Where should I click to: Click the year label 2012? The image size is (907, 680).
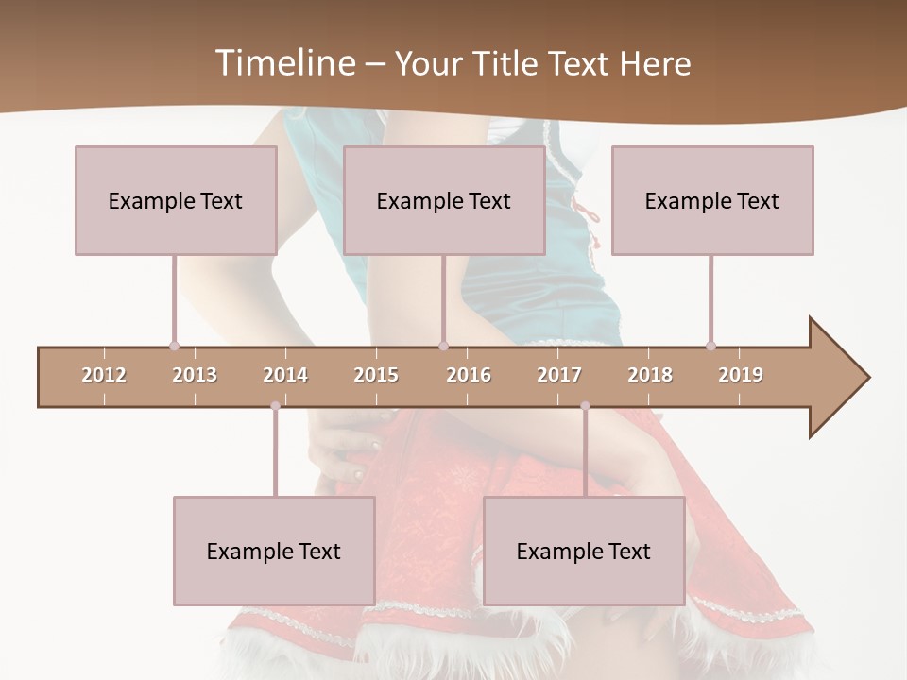tap(104, 375)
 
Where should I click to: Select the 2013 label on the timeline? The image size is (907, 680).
tap(195, 375)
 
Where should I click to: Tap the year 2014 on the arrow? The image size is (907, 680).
tap(285, 375)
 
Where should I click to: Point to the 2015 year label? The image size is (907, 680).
tap(376, 375)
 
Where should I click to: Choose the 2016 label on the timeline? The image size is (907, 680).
tap(469, 375)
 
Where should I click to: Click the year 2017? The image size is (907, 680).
tap(559, 375)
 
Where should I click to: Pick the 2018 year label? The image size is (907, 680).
tap(650, 375)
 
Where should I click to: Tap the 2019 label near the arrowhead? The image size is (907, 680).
tap(741, 375)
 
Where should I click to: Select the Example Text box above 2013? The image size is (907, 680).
tap(176, 200)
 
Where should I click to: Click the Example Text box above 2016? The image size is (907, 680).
tap(444, 200)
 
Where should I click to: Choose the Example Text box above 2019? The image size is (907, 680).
tap(712, 200)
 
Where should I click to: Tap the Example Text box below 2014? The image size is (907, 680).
tap(274, 551)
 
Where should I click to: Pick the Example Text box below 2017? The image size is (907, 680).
tap(584, 551)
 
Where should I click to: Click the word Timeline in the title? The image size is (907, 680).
tap(283, 63)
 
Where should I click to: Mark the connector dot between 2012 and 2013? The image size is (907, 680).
tap(175, 346)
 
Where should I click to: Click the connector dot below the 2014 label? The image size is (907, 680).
tap(275, 406)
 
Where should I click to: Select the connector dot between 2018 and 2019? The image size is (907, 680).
tap(711, 346)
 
